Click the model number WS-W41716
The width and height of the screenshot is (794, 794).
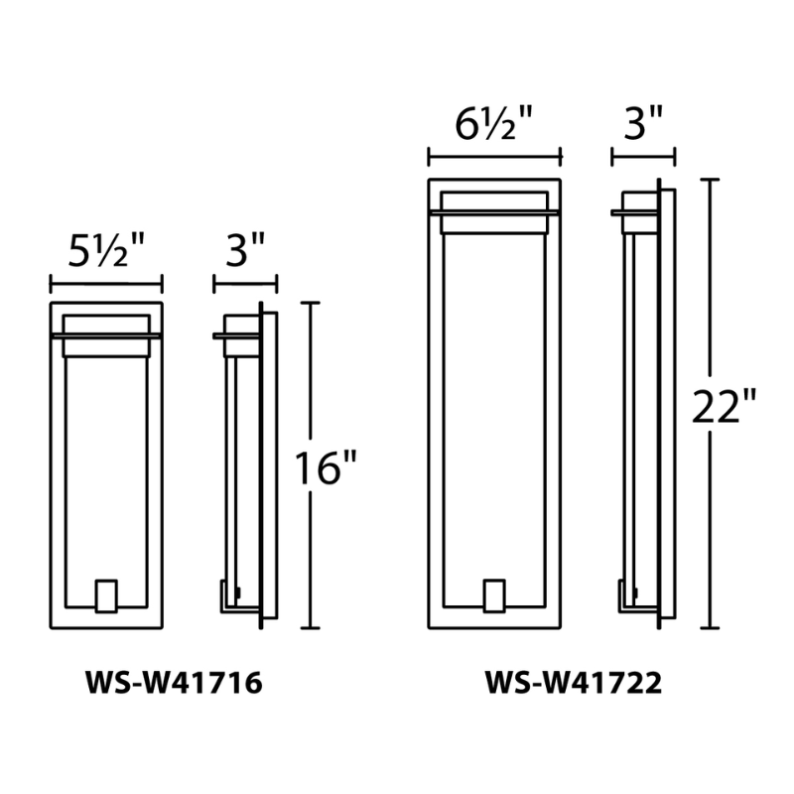175,684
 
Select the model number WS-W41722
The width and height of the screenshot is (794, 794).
574,684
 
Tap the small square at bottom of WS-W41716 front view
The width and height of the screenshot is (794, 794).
106,595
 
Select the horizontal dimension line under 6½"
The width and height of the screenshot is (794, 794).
494,157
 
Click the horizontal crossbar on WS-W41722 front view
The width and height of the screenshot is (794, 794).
494,211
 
